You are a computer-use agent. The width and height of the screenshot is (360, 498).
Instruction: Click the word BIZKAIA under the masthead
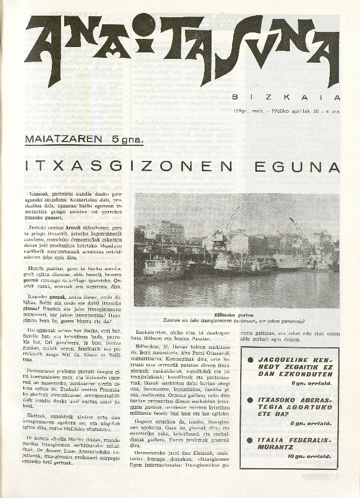(x=286, y=98)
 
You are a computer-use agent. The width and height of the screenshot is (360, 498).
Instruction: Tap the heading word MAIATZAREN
(x=64, y=139)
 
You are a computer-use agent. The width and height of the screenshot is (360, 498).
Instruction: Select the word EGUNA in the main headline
(x=304, y=167)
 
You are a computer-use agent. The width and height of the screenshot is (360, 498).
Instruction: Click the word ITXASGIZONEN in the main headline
(x=129, y=167)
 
